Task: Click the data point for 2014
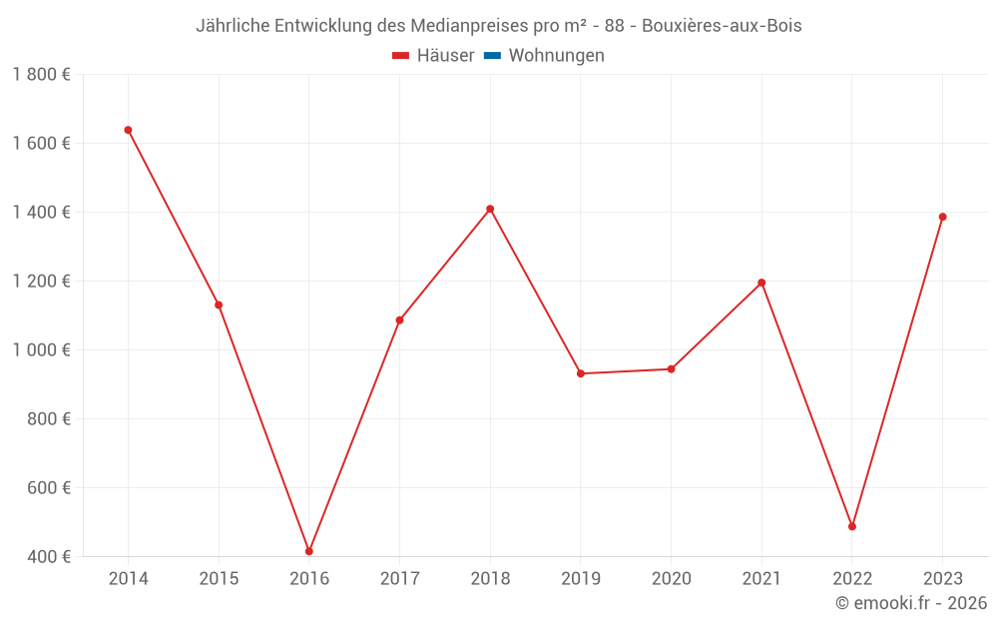[128, 130]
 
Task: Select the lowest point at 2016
[309, 551]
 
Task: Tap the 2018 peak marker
[490, 209]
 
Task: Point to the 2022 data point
[852, 526]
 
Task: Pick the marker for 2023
[942, 217]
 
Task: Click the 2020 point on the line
[672, 369]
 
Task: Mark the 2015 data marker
[219, 305]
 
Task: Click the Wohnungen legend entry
[556, 56]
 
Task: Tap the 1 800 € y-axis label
[41, 74]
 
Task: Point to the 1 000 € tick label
[41, 349]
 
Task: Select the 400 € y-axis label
[48, 556]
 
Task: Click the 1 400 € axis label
[41, 212]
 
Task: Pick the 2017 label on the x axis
[399, 579]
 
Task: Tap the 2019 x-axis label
[581, 579]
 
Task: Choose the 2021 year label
[761, 579]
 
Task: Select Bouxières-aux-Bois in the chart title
[722, 26]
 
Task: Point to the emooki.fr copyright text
[911, 603]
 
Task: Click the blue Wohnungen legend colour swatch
[492, 56]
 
